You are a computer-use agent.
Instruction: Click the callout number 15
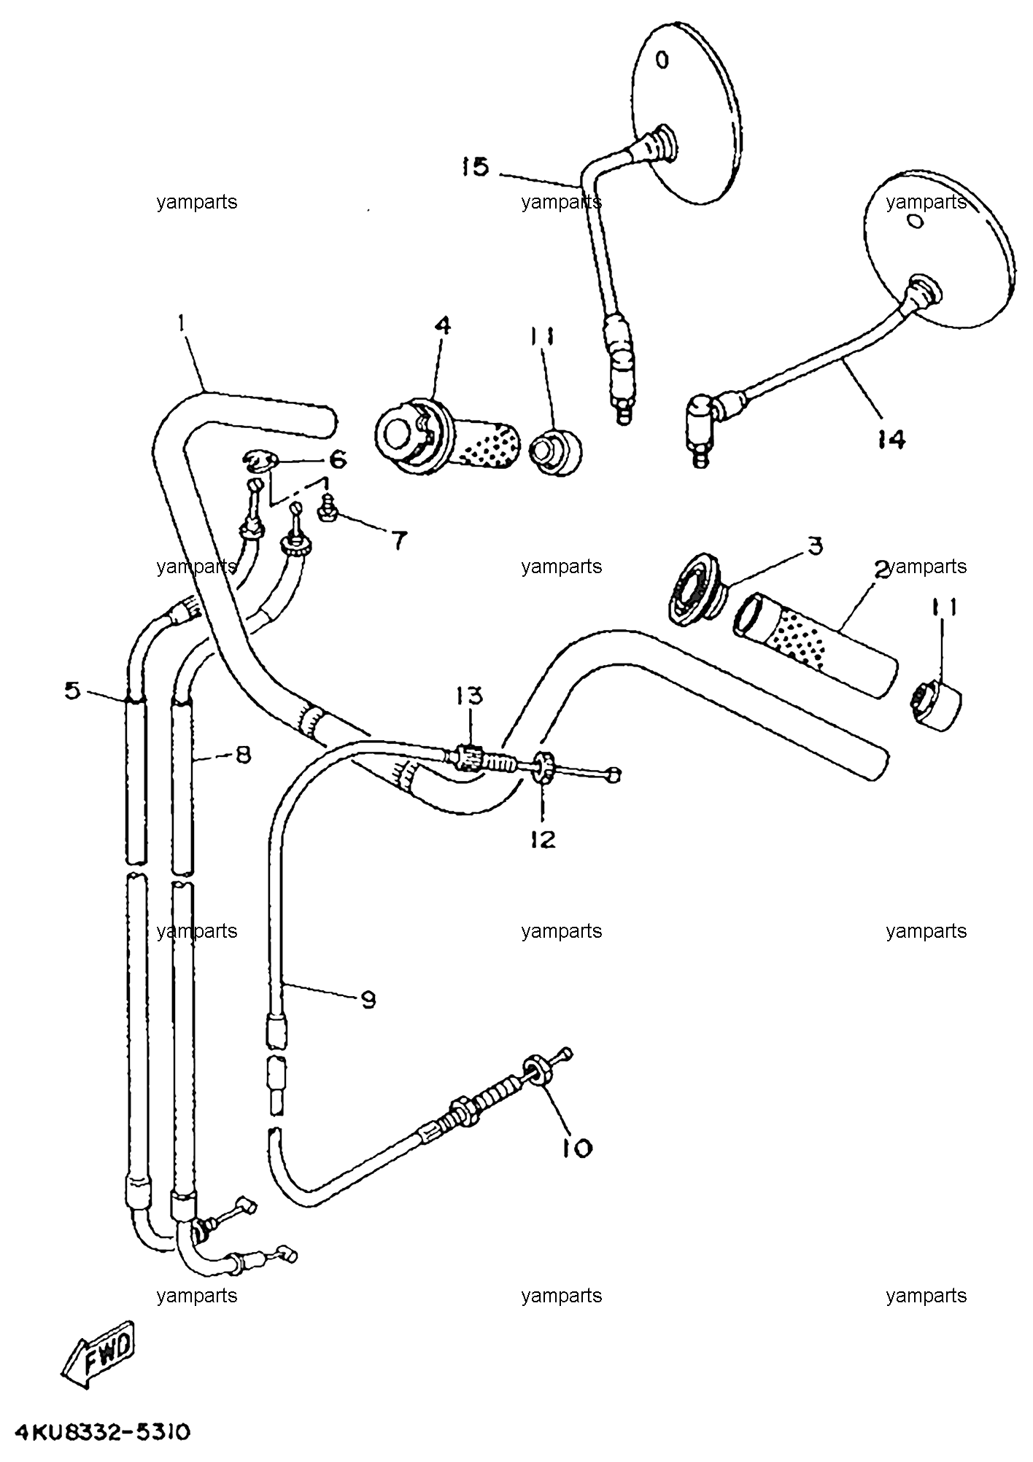pyautogui.click(x=475, y=168)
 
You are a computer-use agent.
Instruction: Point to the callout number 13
pyautogui.click(x=470, y=696)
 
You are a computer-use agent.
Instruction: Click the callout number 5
pyautogui.click(x=71, y=690)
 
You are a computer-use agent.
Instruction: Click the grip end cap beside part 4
pyautogui.click(x=555, y=453)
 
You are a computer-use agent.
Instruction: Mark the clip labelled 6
pyautogui.click(x=261, y=462)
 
